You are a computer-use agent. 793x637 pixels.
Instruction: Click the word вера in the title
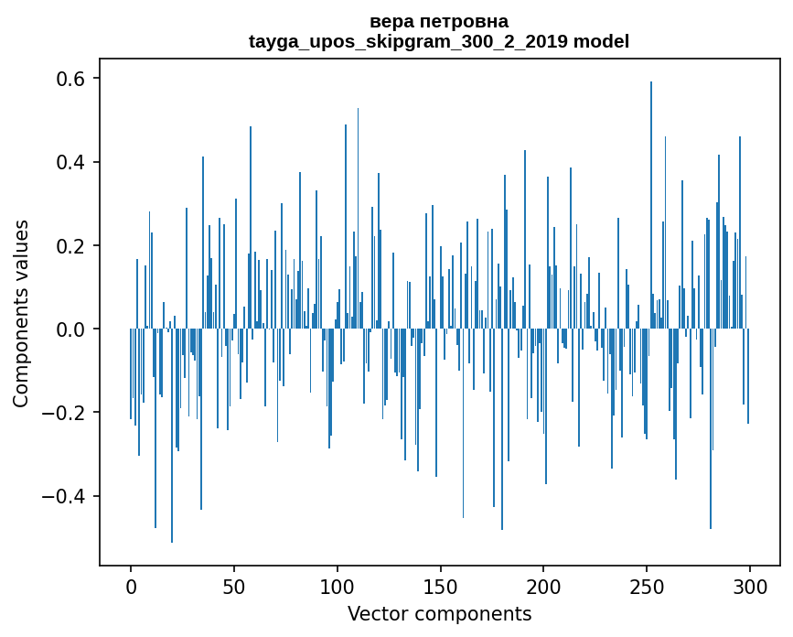pos(391,21)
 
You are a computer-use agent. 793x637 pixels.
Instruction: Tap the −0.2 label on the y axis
pos(66,413)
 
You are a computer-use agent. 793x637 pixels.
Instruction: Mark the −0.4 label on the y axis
pos(66,496)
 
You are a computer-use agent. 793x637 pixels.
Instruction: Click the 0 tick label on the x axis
pos(131,585)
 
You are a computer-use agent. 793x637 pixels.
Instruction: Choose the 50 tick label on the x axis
pos(234,585)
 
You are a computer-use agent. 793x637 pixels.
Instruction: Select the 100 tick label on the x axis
pos(338,585)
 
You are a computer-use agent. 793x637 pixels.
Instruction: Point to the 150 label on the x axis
pos(440,585)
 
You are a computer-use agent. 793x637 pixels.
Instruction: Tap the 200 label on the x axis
pos(543,585)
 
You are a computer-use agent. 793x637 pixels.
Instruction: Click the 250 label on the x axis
pos(647,585)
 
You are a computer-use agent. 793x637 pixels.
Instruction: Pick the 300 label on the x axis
pos(750,585)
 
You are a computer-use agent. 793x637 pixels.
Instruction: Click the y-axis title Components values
pos(21,313)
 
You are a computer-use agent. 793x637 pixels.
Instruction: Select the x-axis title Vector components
pos(439,613)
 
